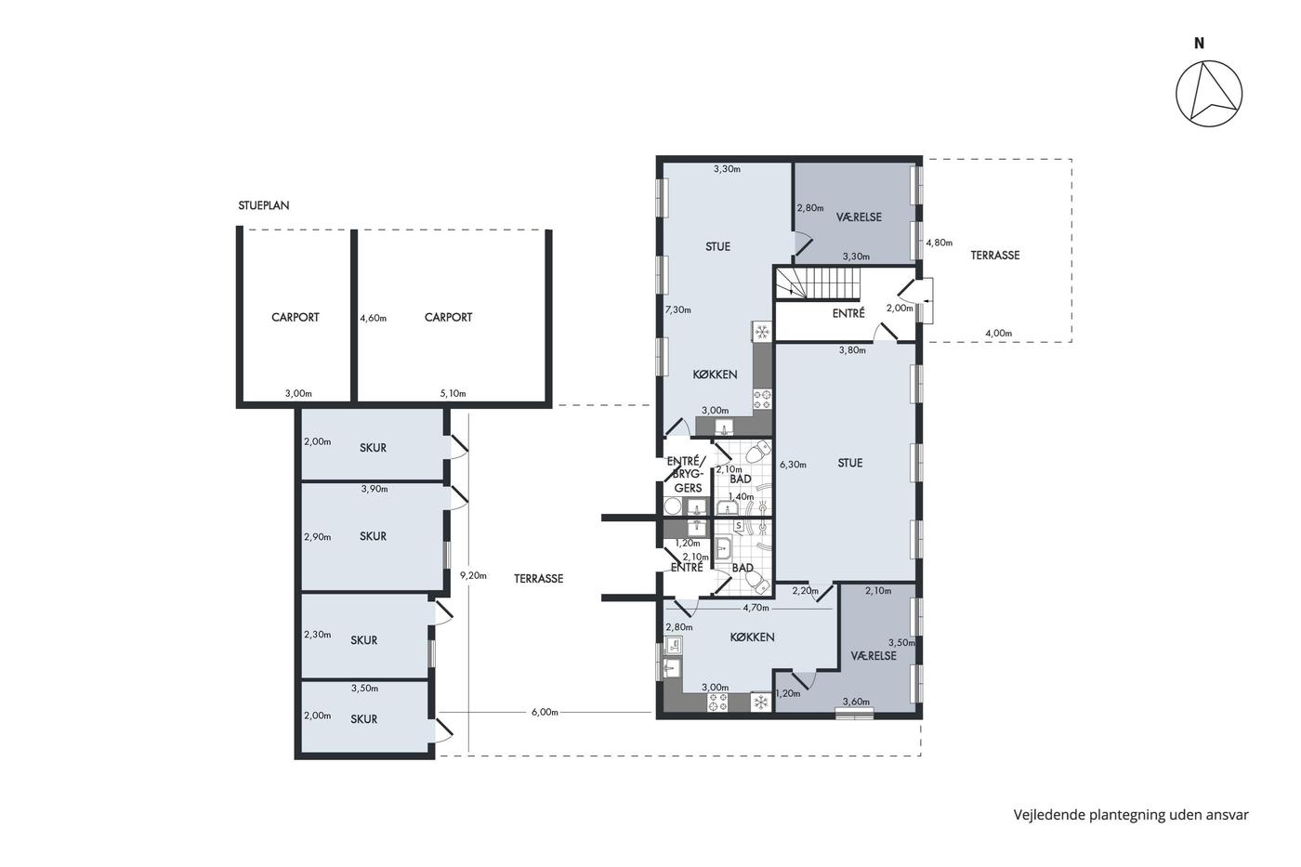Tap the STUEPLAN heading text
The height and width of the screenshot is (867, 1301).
264,205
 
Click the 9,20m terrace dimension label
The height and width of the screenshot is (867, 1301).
473,575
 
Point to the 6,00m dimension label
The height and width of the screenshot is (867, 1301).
545,712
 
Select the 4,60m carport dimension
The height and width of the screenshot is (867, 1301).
373,318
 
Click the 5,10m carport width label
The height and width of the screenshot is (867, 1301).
453,393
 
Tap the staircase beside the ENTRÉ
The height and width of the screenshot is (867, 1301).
819,282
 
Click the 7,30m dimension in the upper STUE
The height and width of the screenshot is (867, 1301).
677,310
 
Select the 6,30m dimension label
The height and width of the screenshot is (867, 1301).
793,465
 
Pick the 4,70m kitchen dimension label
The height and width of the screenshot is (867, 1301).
756,608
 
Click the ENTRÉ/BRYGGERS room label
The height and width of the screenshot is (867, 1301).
688,475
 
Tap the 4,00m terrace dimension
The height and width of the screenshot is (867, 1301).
998,334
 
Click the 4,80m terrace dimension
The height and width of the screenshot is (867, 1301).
940,243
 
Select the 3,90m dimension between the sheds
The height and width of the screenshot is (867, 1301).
375,489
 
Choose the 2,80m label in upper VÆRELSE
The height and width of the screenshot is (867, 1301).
810,208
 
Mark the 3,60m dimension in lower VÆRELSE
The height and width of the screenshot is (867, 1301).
856,702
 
